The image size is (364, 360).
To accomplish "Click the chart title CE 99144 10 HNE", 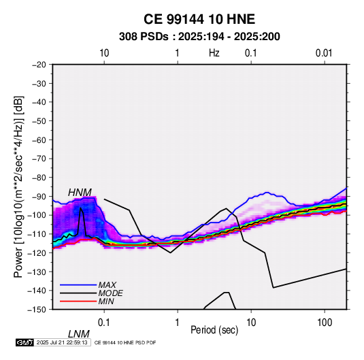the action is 199,19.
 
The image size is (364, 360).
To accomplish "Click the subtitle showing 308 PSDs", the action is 199,37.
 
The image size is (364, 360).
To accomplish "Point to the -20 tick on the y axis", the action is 39,65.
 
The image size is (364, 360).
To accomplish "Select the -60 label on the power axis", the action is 39,140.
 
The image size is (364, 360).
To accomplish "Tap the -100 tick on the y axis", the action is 37,215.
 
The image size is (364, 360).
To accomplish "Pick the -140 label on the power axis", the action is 37,291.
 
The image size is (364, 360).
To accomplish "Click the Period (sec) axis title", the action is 214,330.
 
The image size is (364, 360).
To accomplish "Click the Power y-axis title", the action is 18,187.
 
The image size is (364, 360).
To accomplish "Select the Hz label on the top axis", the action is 214,53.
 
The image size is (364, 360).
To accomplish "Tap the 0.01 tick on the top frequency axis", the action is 324,53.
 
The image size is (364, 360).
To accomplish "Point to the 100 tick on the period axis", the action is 325,323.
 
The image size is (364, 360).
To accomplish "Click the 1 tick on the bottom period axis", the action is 178,323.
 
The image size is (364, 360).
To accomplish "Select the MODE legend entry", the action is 91,293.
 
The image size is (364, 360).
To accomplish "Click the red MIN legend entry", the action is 87,301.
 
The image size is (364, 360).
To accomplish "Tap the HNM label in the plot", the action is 80,193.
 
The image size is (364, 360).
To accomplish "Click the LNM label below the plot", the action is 79,334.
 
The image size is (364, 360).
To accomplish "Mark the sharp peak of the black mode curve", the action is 80,208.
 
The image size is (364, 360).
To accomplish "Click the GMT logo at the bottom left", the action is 25,342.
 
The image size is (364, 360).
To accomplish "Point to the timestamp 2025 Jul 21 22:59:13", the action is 62,342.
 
